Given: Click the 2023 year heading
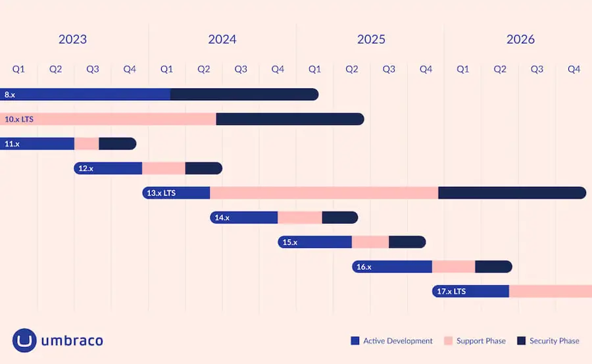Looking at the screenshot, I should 72,39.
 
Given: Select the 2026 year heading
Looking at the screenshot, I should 520,39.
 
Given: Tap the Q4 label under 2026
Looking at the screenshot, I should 574,69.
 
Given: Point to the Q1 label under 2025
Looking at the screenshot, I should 314,69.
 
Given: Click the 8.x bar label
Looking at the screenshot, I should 10,95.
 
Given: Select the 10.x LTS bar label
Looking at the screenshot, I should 18,119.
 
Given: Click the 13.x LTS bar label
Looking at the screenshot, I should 161,193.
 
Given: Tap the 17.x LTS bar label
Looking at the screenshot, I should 451,291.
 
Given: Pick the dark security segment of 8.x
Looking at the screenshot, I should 243,95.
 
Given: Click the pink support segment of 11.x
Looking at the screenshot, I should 86,143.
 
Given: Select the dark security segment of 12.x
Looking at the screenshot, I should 203,169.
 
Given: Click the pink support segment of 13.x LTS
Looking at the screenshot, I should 324,193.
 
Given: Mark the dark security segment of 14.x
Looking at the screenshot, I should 339,217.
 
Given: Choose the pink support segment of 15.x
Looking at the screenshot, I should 370,242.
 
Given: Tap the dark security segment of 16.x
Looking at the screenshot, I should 493,267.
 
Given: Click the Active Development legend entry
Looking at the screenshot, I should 392,341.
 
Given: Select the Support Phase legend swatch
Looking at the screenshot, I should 448,341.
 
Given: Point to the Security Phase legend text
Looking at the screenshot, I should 554,341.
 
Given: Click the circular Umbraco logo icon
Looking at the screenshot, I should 24,340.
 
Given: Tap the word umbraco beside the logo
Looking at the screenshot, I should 72,341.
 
